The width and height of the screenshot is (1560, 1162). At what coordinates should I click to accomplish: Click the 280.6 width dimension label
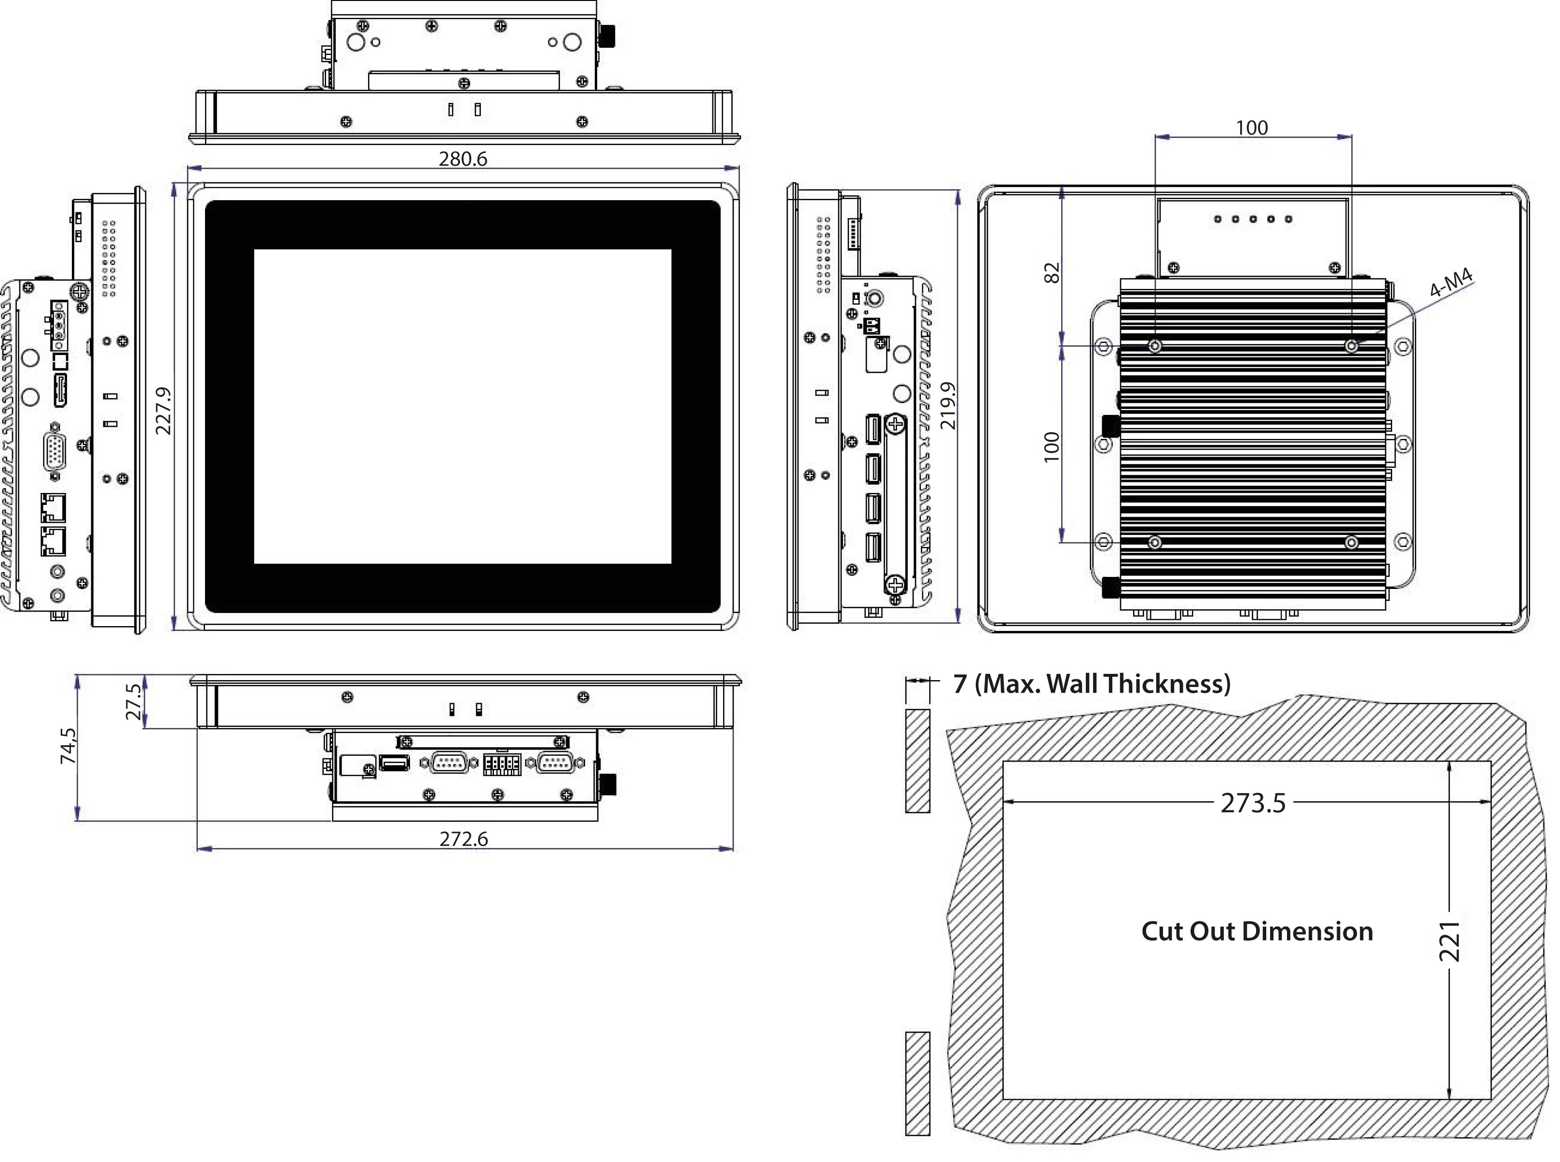[x=462, y=159]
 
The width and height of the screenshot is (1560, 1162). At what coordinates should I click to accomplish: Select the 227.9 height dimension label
[x=163, y=411]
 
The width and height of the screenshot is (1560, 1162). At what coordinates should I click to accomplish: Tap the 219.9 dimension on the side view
[x=948, y=406]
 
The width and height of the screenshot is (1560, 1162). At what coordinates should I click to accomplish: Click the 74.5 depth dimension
[x=68, y=746]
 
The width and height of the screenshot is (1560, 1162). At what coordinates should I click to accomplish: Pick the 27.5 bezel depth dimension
[x=134, y=701]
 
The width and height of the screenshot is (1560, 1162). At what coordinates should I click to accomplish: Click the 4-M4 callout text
[x=1451, y=284]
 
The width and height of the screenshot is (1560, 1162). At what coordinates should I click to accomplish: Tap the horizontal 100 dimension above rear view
[x=1251, y=128]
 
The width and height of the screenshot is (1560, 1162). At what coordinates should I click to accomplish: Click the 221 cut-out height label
[x=1450, y=941]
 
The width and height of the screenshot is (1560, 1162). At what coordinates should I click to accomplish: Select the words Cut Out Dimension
[x=1256, y=931]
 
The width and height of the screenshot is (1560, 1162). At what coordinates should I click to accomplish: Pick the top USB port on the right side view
[x=873, y=430]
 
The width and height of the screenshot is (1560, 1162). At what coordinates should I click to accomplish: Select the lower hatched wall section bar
[x=917, y=1083]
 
